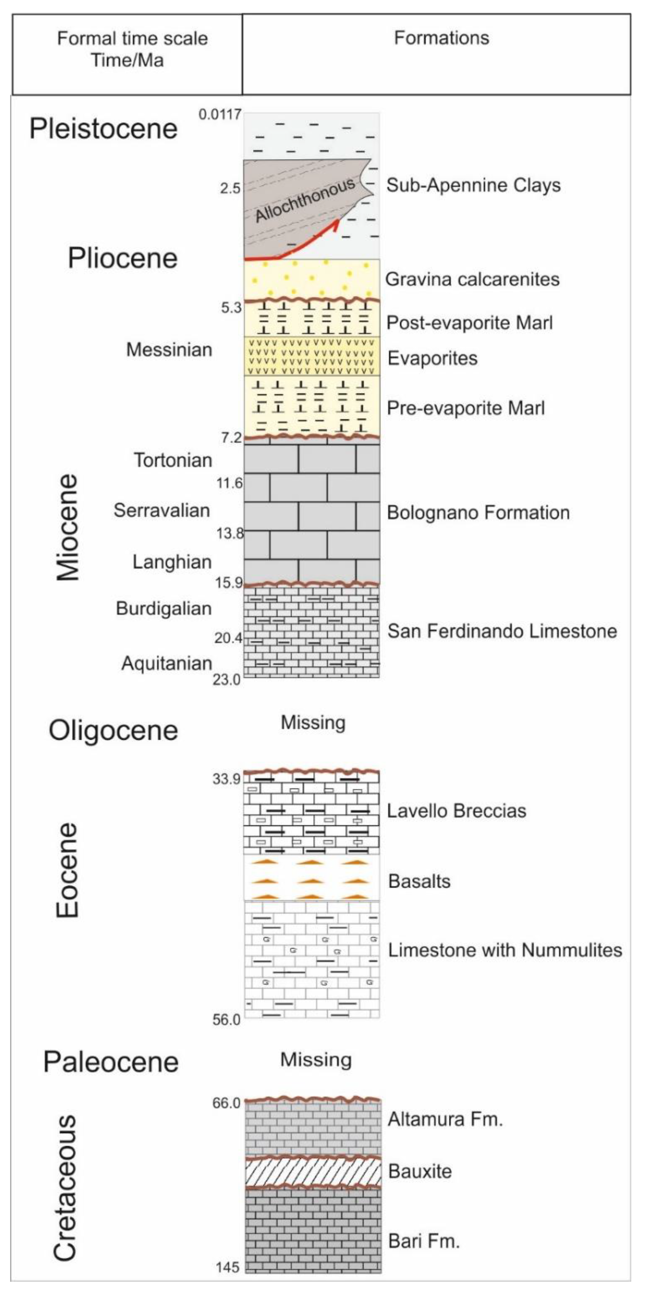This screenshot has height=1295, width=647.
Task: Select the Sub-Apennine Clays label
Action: (473, 186)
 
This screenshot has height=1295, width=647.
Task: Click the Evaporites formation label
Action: (432, 358)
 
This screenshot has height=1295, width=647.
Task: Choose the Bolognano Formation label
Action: (478, 513)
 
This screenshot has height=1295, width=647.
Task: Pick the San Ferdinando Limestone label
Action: (502, 631)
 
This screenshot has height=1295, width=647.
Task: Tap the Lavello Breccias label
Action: (456, 811)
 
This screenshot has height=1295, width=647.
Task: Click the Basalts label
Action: (419, 881)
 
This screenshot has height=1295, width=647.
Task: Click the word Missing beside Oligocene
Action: (313, 723)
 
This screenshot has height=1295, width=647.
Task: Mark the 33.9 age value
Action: (226, 779)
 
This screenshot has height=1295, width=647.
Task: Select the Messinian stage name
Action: (169, 349)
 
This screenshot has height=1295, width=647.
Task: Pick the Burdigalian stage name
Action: (164, 609)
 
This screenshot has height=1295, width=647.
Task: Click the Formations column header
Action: (441, 38)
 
